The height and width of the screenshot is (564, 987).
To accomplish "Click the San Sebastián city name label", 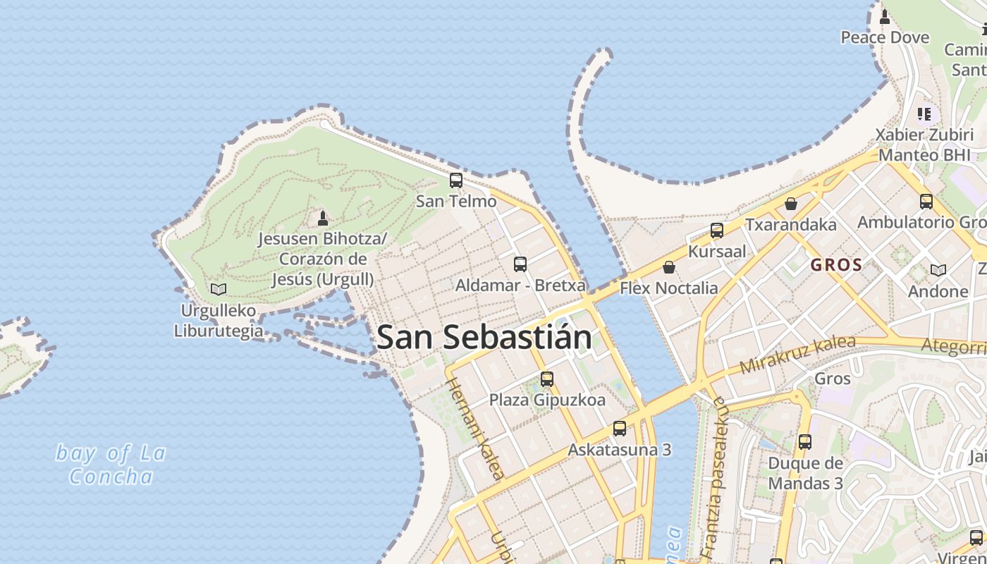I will (484, 338).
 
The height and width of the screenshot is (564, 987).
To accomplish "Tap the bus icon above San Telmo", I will (456, 180).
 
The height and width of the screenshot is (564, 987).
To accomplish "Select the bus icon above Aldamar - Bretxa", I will (520, 264).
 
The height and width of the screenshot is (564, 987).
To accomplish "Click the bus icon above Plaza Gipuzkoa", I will (547, 379).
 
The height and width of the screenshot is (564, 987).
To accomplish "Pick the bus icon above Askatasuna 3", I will (620, 429).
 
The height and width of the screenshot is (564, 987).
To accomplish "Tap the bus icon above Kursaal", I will (717, 231).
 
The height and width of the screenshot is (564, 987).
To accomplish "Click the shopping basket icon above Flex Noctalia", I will (668, 267).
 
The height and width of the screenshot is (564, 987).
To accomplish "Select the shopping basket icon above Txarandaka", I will (791, 204).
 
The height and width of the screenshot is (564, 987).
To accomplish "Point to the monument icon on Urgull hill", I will (323, 218).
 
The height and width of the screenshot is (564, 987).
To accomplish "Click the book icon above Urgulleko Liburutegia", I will (219, 289).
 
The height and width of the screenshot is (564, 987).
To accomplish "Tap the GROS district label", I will (836, 265).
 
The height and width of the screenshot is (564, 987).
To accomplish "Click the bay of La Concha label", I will (111, 465).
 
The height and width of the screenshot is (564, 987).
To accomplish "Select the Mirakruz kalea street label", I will (797, 355).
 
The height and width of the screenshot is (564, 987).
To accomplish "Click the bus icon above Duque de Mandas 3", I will (805, 442).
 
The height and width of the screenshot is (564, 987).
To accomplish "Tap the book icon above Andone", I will (938, 270).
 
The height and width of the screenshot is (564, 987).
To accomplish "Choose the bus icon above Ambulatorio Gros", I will (926, 202).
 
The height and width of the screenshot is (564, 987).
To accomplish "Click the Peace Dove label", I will (885, 37).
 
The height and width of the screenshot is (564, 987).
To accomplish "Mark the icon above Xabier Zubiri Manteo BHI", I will (924, 114).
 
